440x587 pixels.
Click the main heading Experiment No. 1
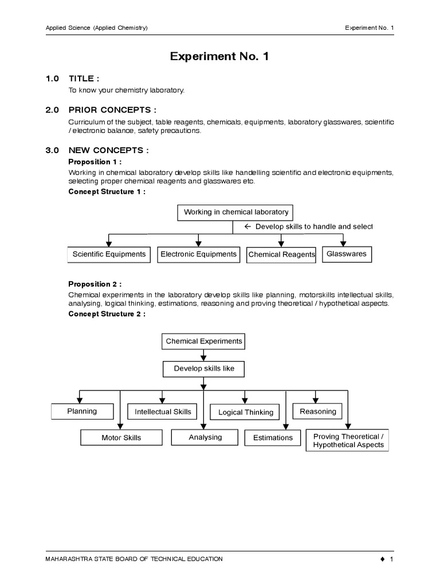tap(219, 56)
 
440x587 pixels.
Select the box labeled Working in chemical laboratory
tap(235, 212)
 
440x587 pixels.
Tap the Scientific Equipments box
tap(109, 255)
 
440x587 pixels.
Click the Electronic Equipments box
tap(198, 255)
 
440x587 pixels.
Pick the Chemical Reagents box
tap(281, 255)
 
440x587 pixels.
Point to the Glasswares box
tap(346, 254)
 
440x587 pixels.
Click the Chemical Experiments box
tap(204, 341)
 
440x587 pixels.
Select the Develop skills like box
tap(204, 369)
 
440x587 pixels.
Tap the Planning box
tap(82, 412)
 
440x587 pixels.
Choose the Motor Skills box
tap(121, 438)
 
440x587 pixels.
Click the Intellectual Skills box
tap(163, 412)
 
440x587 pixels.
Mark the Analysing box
tap(205, 437)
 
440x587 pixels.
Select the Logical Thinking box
tap(246, 412)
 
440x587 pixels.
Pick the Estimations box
tap(273, 438)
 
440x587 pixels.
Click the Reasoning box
tap(317, 412)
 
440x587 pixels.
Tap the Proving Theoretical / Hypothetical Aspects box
tap(348, 440)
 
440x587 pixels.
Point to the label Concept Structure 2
tap(107, 314)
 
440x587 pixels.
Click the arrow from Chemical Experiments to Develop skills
tap(204, 355)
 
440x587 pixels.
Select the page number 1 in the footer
tap(391, 559)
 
